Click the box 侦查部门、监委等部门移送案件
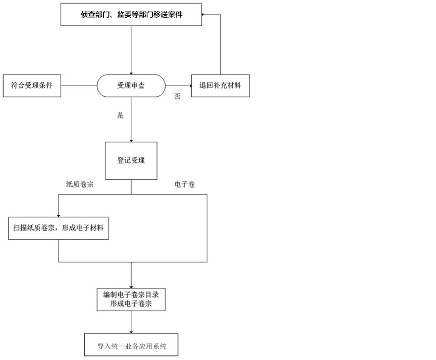click(x=131, y=15)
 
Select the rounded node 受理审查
click(x=131, y=86)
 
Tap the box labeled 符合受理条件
click(x=32, y=86)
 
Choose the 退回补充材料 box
click(x=220, y=86)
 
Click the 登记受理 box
click(x=131, y=160)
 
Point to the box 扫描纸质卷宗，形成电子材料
click(x=59, y=228)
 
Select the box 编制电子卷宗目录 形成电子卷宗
click(x=131, y=299)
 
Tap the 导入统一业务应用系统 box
click(x=131, y=345)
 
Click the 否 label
click(x=178, y=96)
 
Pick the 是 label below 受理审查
click(x=121, y=115)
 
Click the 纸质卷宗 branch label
click(x=80, y=184)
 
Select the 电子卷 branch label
click(x=185, y=184)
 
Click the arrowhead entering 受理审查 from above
click(x=131, y=73)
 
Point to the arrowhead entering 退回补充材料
click(x=190, y=86)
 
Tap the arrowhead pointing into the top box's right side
click(x=203, y=15)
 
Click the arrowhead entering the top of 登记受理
click(x=131, y=141)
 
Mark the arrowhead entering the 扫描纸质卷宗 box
click(x=59, y=216)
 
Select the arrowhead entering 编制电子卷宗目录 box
click(x=131, y=287)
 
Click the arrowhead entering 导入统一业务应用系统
click(x=131, y=332)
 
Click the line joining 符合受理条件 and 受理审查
click(x=79, y=86)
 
